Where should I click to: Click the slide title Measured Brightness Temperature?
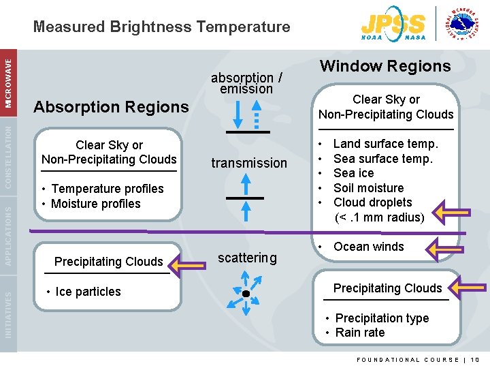(x=161, y=27)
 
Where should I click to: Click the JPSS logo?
(x=394, y=26)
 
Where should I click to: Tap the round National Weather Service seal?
(x=465, y=25)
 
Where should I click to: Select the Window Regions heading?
(x=385, y=66)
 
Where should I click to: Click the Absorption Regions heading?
(x=111, y=107)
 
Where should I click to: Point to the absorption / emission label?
(x=246, y=82)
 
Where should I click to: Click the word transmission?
(x=249, y=163)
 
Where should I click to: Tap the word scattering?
(x=247, y=258)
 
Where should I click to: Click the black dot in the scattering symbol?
(x=246, y=294)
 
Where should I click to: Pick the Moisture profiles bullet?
(x=95, y=204)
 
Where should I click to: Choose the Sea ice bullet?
(x=353, y=173)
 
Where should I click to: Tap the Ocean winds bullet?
(x=368, y=247)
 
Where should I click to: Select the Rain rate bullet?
(x=359, y=333)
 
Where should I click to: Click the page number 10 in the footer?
(x=475, y=359)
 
